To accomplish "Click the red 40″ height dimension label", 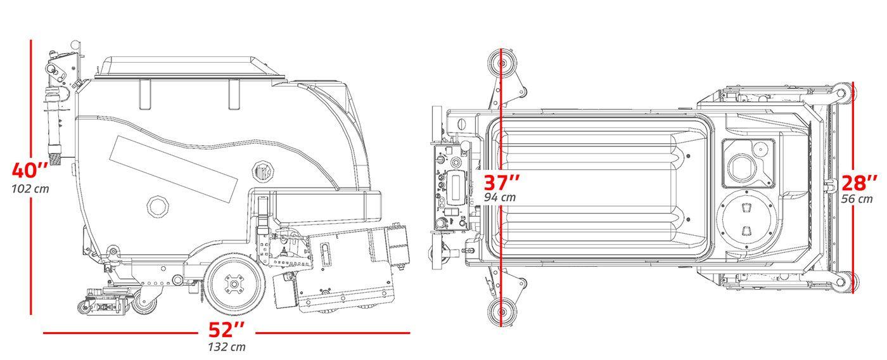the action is (x=30, y=170).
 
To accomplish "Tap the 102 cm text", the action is (x=30, y=189).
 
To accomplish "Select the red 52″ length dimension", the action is (x=227, y=330).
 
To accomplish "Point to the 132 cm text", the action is (x=227, y=347).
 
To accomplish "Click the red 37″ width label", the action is (x=502, y=183).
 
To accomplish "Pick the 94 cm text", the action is (x=500, y=197).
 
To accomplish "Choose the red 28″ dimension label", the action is (x=859, y=183).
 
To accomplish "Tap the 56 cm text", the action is (x=857, y=199).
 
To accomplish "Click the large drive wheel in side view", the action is (x=234, y=284).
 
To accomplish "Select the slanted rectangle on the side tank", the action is (x=174, y=169).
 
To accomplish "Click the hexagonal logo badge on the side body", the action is (x=262, y=171).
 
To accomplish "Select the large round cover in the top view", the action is (x=746, y=220).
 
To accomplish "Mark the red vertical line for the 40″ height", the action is (x=30, y=177).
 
